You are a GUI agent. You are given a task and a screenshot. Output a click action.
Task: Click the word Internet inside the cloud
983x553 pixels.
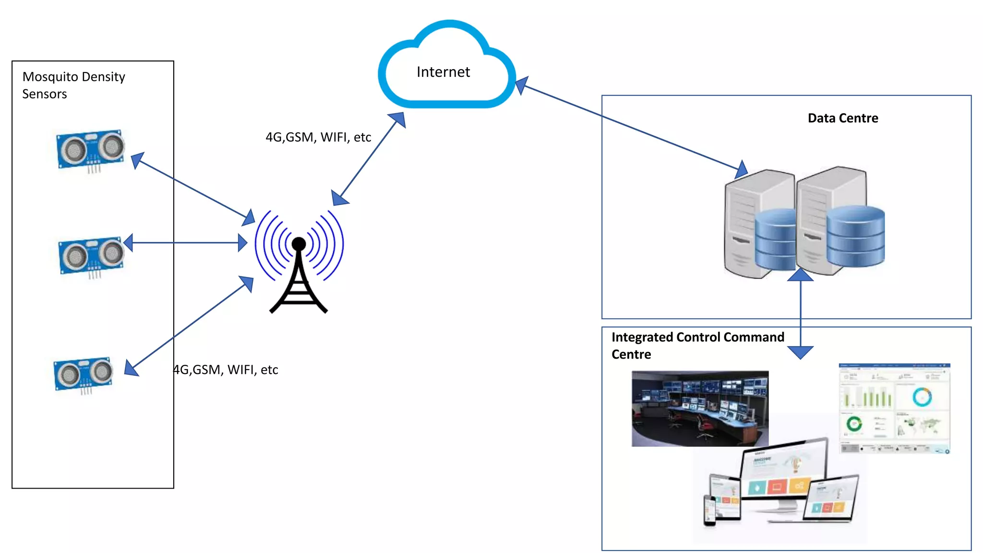tap(443, 72)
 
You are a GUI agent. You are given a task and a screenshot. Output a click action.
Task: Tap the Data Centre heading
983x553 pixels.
tap(842, 118)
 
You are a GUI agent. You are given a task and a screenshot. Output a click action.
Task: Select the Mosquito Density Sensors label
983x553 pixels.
tap(73, 85)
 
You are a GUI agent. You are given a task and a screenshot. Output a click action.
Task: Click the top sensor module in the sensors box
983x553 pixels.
tap(90, 149)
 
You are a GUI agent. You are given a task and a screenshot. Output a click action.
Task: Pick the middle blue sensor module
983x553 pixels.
tap(91, 256)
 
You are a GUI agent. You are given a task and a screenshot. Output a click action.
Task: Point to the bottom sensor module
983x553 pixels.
tap(84, 374)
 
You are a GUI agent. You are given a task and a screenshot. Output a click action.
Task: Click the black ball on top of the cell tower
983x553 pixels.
tap(299, 244)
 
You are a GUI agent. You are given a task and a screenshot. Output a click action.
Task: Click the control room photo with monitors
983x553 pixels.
tap(699, 408)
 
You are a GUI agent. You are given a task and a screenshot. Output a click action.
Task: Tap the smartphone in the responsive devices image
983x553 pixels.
tap(709, 510)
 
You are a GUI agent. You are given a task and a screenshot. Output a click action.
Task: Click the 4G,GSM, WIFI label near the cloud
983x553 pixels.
tap(318, 137)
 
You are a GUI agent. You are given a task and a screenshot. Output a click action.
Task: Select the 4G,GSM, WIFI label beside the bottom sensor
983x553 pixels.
tap(226, 370)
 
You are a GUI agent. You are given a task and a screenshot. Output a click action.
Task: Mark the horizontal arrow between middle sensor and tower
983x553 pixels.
tap(185, 242)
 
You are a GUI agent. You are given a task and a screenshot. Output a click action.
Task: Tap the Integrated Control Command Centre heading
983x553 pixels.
tap(697, 345)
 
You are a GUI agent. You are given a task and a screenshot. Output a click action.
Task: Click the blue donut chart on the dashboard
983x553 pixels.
tap(922, 397)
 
